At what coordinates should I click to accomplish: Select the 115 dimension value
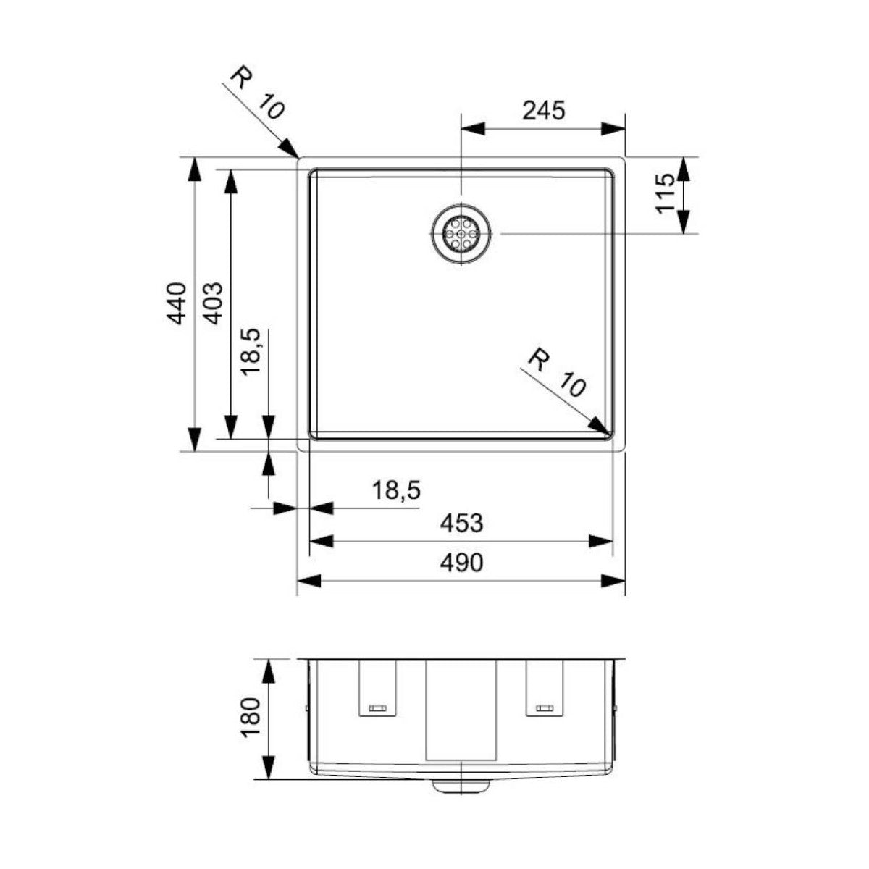pos(665,194)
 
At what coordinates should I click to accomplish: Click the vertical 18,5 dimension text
pos(251,350)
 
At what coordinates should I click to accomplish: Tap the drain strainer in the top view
pos(461,234)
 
